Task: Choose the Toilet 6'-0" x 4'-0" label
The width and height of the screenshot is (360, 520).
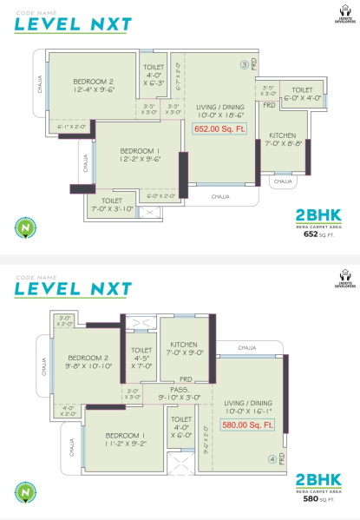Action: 302,95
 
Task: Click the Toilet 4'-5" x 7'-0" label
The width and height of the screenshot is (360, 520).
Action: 141,358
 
